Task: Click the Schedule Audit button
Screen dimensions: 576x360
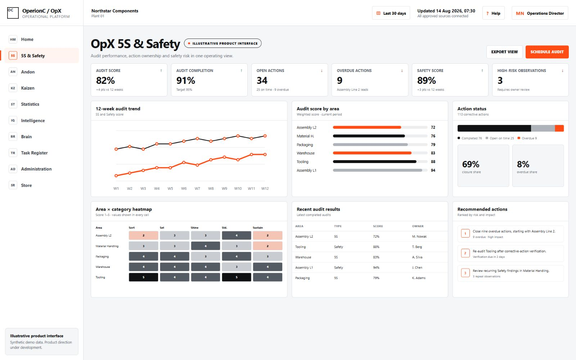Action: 547,52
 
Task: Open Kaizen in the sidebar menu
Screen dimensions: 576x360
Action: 27,88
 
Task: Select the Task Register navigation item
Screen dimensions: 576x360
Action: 34,153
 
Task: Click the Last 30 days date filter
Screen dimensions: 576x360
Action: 391,13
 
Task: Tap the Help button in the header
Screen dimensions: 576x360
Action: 493,13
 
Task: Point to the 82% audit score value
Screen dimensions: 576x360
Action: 105,81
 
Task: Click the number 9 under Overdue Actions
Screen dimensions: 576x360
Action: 340,81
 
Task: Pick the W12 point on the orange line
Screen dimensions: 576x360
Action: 265,154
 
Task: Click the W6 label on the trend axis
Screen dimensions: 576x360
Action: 184,189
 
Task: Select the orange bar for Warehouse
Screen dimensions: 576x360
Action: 372,153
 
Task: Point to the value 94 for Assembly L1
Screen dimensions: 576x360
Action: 433,170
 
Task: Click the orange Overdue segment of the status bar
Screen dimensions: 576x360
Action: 559,128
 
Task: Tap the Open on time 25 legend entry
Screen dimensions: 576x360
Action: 500,138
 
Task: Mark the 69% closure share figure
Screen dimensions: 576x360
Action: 471,164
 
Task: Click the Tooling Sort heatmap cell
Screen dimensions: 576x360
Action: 144,277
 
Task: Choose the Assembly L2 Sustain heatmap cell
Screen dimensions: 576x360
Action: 267,235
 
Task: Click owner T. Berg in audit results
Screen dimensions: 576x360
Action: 417,247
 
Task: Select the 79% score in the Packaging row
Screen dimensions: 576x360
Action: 376,278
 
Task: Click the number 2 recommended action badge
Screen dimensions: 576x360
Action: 465,253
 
